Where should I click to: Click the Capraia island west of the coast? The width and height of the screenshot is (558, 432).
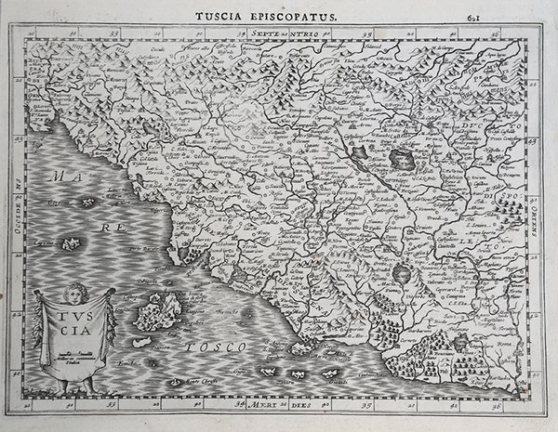[x=70, y=245]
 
